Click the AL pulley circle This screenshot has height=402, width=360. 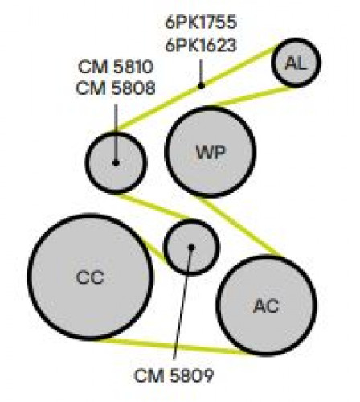[296, 63]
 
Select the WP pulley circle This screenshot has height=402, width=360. [211, 152]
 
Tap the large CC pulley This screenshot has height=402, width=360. [91, 277]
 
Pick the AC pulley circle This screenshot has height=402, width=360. [267, 306]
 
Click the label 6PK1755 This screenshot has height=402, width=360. [201, 23]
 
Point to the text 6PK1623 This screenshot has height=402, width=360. [201, 45]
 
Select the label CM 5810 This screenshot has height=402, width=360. [116, 67]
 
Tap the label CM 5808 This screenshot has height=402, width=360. [116, 88]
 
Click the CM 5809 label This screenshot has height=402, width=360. [174, 375]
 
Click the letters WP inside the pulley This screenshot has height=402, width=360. [211, 153]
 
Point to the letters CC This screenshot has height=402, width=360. [90, 277]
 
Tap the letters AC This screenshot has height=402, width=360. [266, 306]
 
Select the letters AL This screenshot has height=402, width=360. [296, 64]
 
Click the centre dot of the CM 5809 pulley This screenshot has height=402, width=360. [191, 247]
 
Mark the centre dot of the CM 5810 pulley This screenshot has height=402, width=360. [116, 162]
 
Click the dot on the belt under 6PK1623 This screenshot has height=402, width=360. [201, 86]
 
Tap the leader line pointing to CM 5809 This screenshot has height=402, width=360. [182, 303]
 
